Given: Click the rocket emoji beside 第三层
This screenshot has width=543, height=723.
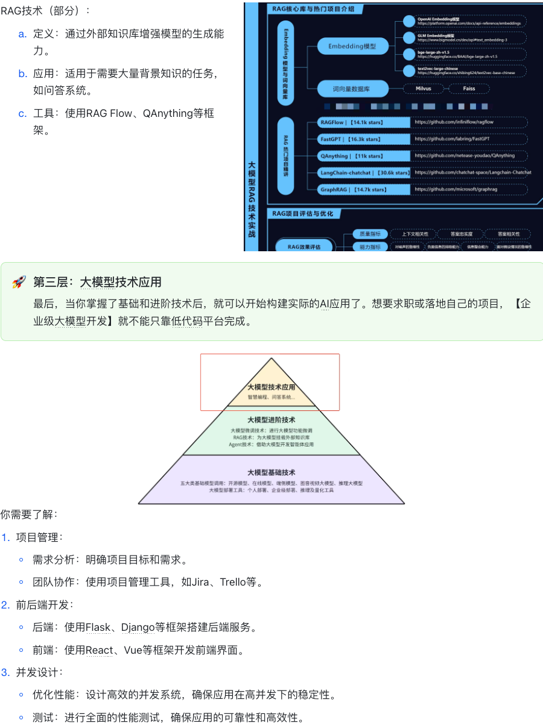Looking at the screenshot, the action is (x=19, y=282).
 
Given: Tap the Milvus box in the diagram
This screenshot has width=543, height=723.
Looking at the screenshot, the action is (x=424, y=89).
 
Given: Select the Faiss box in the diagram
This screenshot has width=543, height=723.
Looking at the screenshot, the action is (x=469, y=89).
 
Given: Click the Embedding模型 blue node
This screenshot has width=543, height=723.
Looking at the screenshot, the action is (x=352, y=46).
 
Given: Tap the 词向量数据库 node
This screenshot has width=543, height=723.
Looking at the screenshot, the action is (x=352, y=89).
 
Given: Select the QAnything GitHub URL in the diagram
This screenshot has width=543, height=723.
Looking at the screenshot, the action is (x=465, y=156).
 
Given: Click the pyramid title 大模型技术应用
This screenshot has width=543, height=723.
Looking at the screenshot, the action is (x=271, y=387).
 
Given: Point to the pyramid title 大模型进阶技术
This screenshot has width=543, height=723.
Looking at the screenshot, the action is (x=271, y=419).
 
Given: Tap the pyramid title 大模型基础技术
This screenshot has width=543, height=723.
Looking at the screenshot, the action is (x=271, y=472).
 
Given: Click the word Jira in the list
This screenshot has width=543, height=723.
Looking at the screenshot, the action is (x=203, y=582).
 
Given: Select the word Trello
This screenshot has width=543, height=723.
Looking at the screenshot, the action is (x=233, y=582).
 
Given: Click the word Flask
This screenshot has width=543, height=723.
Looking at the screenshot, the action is (x=98, y=628).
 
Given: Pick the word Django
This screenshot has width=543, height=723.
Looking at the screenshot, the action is (x=138, y=628).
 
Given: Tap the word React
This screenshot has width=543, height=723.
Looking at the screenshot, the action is (x=100, y=650).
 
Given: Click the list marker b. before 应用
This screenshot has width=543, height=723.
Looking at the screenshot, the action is (x=23, y=74).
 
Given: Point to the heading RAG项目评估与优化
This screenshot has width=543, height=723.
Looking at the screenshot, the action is (x=302, y=214).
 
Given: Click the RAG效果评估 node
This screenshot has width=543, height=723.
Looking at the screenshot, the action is (x=305, y=246).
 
